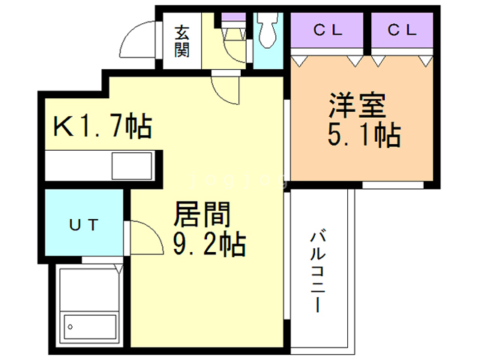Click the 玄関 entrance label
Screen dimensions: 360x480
182,41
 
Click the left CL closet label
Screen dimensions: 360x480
328,31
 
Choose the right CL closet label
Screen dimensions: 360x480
402,31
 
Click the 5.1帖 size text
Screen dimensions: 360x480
363,136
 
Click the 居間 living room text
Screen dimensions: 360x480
201,215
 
